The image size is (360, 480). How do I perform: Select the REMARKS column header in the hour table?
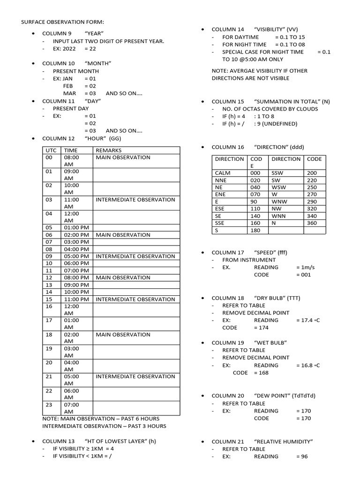tap(108, 150)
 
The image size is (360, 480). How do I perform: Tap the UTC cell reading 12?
tap(48, 277)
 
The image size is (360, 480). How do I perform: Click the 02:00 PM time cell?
tap(76, 234)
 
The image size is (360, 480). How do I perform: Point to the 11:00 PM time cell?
tap(76, 299)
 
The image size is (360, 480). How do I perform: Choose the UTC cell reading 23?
tap(48, 405)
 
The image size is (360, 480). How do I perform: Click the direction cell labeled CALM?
tap(223, 173)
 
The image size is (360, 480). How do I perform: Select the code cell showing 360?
tap(312, 223)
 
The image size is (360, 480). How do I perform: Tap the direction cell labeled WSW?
tap(278, 187)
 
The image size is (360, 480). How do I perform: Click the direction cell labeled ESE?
tap(220, 208)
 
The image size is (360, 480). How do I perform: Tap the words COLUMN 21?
tap(228, 442)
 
